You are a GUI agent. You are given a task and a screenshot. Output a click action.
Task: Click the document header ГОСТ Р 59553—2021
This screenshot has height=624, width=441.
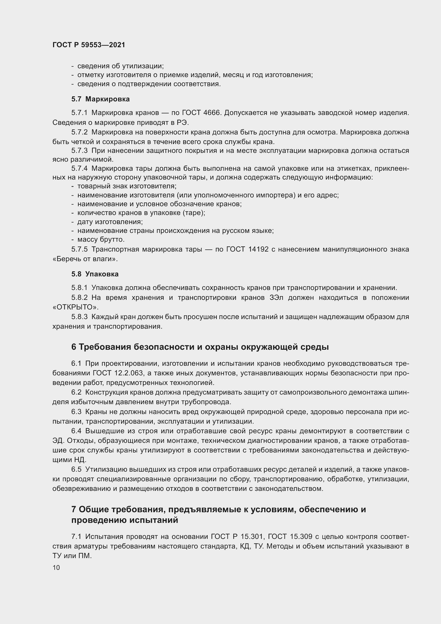[89, 45]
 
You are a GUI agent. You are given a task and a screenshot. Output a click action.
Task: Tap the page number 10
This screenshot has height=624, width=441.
[56, 567]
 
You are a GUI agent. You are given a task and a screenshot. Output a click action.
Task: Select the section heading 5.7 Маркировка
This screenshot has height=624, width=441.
[101, 99]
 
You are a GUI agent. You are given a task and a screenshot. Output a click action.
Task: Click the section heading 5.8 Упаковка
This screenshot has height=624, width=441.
[95, 274]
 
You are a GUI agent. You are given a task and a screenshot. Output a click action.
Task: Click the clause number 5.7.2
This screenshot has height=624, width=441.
[79, 132]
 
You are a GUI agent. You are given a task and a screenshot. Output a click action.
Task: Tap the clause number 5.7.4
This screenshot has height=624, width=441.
[79, 169]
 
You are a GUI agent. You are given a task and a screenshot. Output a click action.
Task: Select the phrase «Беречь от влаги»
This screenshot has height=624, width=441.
[85, 259]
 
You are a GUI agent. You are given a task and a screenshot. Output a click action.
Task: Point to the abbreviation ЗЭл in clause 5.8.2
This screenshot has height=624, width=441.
[276, 298]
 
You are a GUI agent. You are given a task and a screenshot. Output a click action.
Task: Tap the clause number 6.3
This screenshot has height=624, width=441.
[76, 412]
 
